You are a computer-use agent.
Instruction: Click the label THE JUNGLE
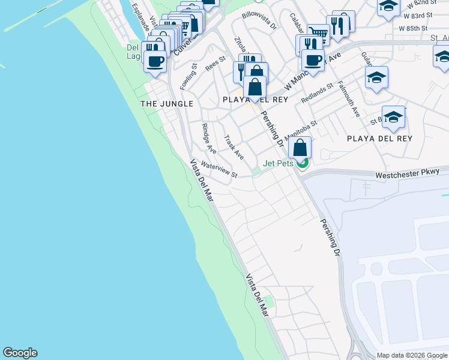click(x=167, y=104)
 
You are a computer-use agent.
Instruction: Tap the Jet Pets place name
click(x=277, y=163)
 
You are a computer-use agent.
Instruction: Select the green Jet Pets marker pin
click(x=303, y=162)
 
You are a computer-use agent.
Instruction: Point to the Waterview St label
click(x=219, y=169)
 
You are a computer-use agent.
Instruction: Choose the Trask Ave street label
click(x=234, y=147)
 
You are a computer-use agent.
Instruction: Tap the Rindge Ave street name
click(x=209, y=139)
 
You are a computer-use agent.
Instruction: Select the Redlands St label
click(x=317, y=93)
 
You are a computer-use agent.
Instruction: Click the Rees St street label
click(x=215, y=64)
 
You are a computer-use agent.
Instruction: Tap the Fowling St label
click(x=188, y=77)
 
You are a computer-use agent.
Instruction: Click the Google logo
click(x=20, y=353)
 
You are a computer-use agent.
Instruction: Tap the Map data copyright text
click(x=412, y=355)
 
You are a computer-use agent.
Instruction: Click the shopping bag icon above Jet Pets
click(x=300, y=147)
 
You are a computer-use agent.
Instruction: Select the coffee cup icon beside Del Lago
click(x=155, y=61)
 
